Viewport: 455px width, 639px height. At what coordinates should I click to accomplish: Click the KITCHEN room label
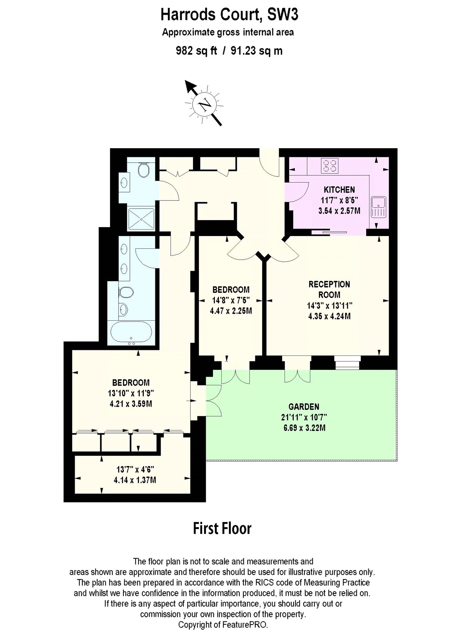[339, 190]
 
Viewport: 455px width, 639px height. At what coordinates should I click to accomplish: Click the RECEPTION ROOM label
[329, 289]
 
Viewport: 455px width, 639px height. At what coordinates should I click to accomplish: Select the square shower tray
[141, 219]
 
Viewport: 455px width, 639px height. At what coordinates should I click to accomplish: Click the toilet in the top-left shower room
[143, 171]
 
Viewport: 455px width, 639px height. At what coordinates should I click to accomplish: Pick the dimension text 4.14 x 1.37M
[135, 480]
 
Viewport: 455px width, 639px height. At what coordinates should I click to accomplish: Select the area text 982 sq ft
[197, 51]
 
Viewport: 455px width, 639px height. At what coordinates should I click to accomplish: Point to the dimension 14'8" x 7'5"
[231, 300]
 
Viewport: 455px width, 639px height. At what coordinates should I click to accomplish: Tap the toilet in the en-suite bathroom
[126, 292]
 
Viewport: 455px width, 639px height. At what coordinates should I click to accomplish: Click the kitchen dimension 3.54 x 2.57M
[339, 211]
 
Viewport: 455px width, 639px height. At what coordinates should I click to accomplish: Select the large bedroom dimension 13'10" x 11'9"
[131, 393]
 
